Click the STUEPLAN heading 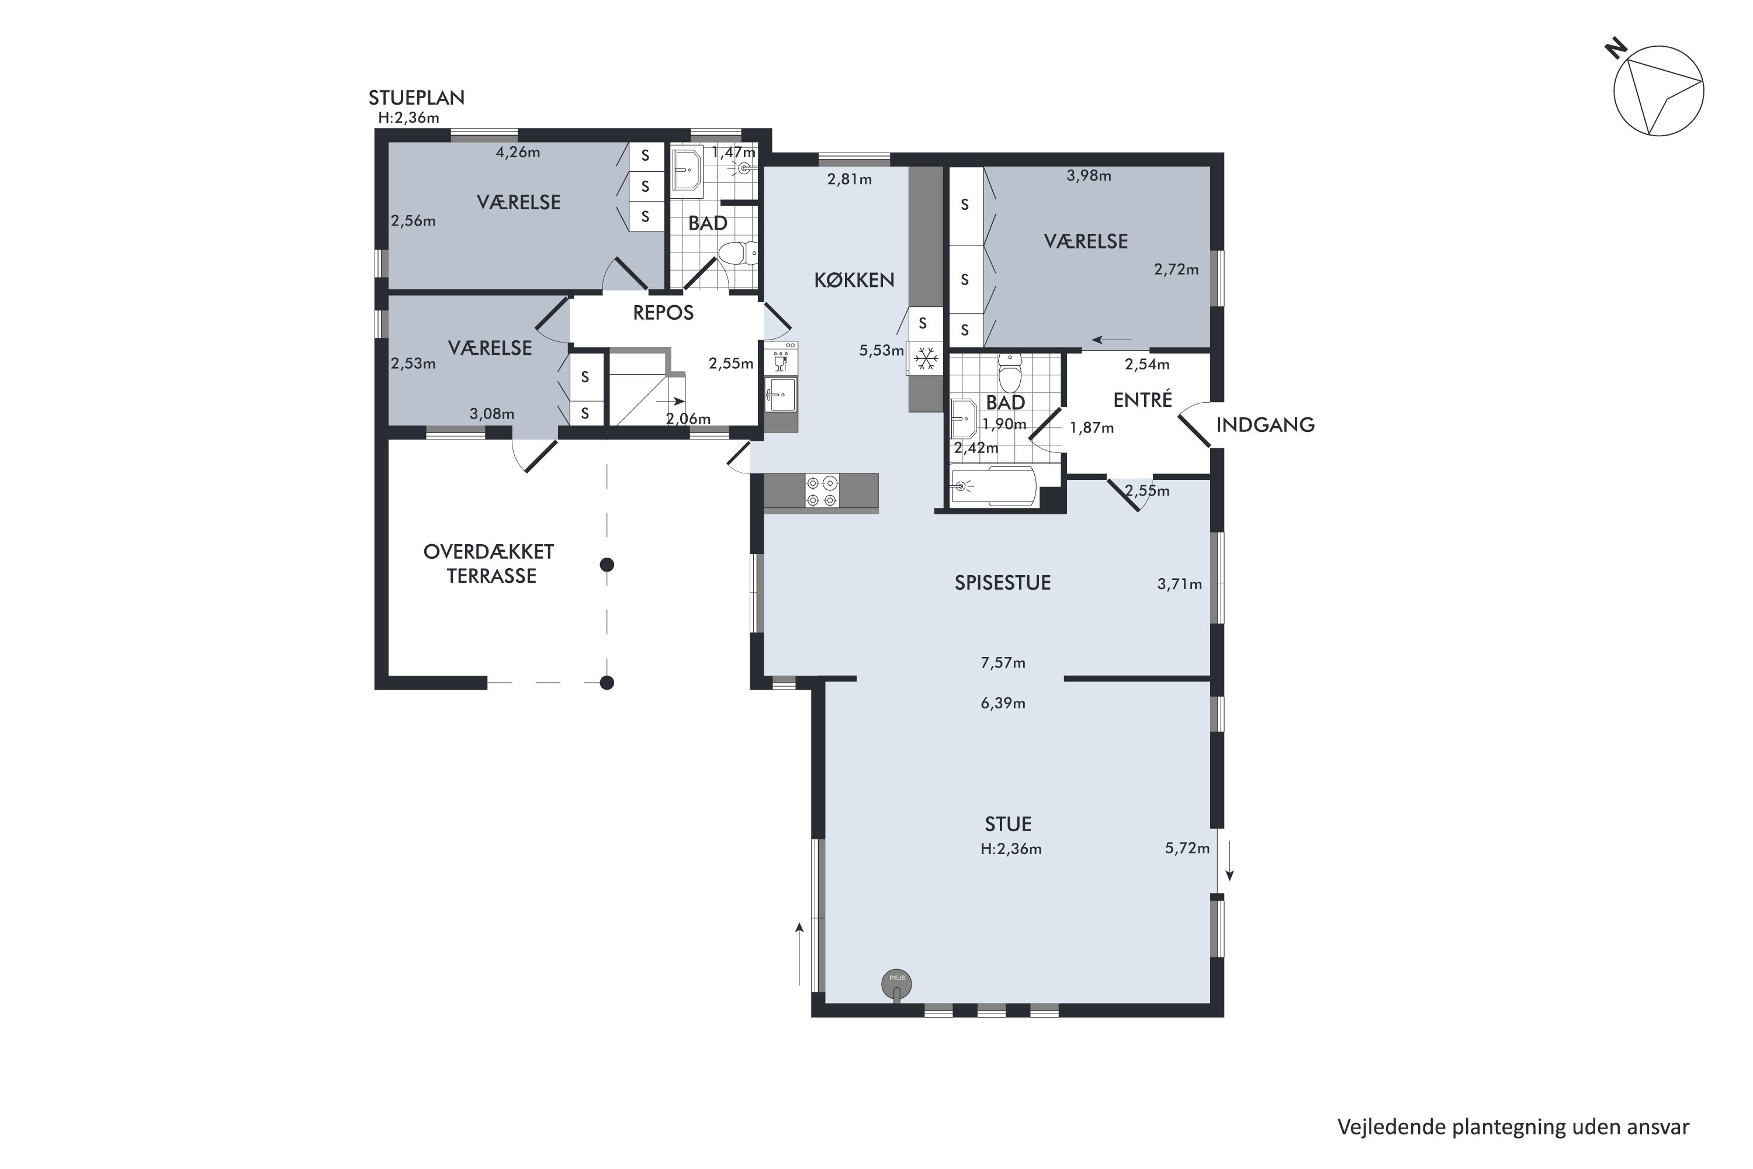[x=417, y=98]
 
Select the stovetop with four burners [x=822, y=492]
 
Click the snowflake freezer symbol [x=926, y=359]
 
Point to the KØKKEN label [x=854, y=281]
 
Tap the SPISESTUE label [x=1003, y=583]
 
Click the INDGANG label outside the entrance [x=1265, y=425]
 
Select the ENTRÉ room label [x=1142, y=400]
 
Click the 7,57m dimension [x=1003, y=663]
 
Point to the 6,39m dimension [x=1003, y=703]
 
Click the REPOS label [x=663, y=313]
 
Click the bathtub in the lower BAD [x=993, y=487]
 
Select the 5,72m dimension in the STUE [x=1187, y=849]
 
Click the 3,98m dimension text [x=1089, y=176]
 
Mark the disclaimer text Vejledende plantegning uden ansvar [x=1513, y=1128]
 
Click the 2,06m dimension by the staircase [x=688, y=419]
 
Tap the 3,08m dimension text [x=492, y=414]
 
